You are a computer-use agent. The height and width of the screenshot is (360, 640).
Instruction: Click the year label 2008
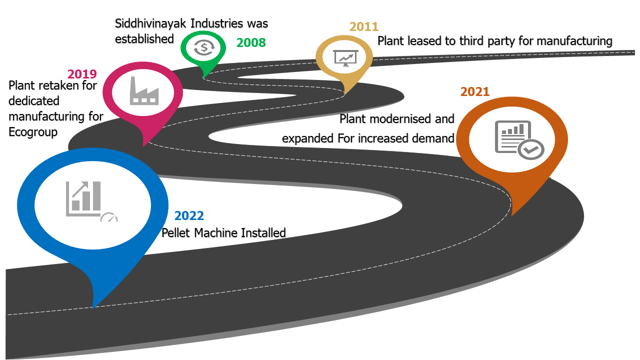(251, 43)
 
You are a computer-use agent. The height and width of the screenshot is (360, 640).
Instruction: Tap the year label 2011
(364, 27)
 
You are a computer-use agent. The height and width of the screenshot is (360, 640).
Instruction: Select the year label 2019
(82, 74)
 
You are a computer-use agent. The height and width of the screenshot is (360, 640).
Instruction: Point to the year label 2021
(475, 91)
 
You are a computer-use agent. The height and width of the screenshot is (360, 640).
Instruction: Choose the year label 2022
(189, 215)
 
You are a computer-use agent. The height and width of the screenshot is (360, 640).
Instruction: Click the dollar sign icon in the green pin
(203, 47)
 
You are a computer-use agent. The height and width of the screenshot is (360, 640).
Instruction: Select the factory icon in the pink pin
(144, 91)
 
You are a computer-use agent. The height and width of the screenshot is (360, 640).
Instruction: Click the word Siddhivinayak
(150, 23)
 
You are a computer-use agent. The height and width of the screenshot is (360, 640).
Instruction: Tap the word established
(144, 39)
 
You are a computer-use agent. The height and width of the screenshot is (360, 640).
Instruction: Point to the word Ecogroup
(33, 132)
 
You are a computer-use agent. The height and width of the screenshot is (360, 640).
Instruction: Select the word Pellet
(175, 233)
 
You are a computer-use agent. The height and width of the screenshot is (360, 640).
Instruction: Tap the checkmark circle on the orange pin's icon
(531, 149)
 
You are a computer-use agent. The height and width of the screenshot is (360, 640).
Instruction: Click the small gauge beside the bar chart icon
(109, 217)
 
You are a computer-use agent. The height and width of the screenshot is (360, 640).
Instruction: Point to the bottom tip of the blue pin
(93, 308)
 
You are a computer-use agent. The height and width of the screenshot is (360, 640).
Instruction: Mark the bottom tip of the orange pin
(511, 215)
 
